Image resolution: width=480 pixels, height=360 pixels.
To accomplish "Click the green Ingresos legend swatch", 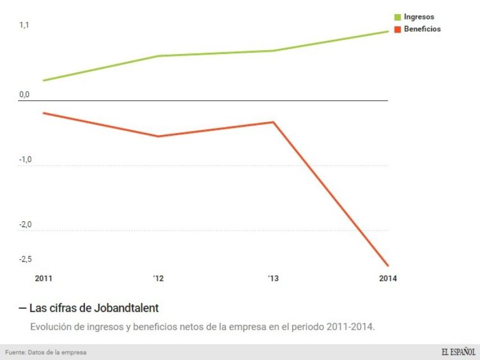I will pyautogui.click(x=397, y=17).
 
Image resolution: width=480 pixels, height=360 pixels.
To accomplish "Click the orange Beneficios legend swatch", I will pyautogui.click(x=397, y=29).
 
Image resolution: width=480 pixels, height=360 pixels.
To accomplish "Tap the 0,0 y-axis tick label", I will pyautogui.click(x=24, y=94).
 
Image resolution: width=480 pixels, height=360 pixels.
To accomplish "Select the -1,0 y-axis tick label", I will pyautogui.click(x=25, y=160).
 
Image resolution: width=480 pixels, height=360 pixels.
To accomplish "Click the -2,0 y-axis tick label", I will pyautogui.click(x=25, y=225).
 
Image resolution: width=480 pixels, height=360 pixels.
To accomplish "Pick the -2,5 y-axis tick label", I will pyautogui.click(x=25, y=259).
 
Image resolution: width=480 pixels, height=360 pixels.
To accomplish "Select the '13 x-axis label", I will pyautogui.click(x=273, y=278).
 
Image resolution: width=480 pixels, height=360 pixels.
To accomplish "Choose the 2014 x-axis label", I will pyautogui.click(x=388, y=278).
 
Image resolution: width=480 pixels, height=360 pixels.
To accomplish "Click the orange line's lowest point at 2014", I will pyautogui.click(x=388, y=265).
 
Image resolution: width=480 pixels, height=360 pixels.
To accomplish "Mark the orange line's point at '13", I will pyautogui.click(x=273, y=122).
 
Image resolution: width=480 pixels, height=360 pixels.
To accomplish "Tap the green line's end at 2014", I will pyautogui.click(x=388, y=31).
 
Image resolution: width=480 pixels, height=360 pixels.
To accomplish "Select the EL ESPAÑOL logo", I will pyautogui.click(x=458, y=352).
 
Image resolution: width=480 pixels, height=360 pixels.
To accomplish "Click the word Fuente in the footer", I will pyautogui.click(x=15, y=353).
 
